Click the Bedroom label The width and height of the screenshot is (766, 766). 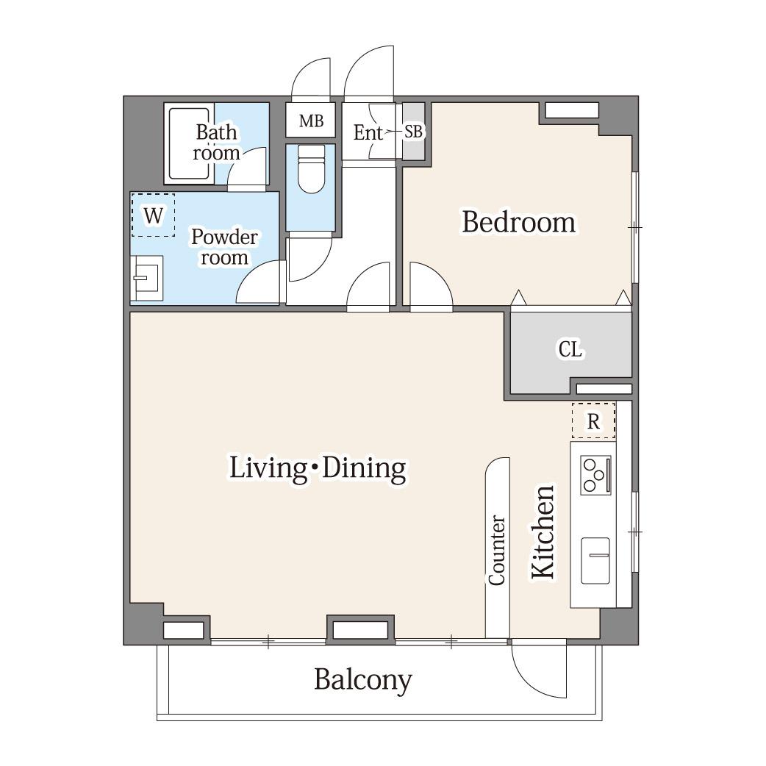[519, 223]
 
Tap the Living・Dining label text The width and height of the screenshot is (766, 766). [318, 468]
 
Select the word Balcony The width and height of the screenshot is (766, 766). [363, 679]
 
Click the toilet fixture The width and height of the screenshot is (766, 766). [311, 169]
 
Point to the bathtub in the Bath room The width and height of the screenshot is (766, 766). [189, 143]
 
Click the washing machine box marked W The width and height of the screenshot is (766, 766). [153, 215]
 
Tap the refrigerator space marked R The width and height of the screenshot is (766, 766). [593, 420]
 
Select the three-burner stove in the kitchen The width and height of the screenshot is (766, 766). [595, 475]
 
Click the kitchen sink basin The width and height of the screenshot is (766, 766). [595, 560]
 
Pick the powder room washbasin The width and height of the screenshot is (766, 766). [146, 279]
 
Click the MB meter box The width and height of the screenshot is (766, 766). [311, 120]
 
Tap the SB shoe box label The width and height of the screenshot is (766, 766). [414, 131]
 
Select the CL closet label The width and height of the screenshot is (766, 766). [570, 350]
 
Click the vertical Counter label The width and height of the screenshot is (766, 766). [497, 550]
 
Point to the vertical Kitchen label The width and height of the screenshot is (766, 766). [543, 532]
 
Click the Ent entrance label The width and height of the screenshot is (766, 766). [368, 132]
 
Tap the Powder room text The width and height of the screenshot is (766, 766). [224, 247]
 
